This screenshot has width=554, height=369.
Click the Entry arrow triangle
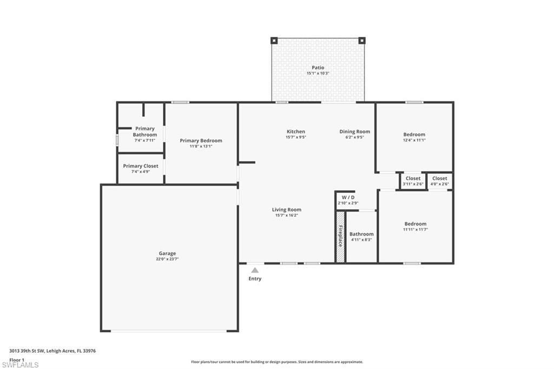255,271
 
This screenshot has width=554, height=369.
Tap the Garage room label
167,253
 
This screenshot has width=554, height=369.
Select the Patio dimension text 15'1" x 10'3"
318,74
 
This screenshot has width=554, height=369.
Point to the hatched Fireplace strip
340,237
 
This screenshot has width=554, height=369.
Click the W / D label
348,197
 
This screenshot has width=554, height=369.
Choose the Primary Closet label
141,166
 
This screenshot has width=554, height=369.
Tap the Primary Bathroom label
145,131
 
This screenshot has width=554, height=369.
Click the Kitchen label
296,131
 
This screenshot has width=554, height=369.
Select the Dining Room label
355,131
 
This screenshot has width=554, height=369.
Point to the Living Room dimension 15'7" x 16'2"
287,215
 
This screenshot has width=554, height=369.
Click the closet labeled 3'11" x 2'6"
413,181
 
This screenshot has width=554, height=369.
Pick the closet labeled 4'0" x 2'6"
439,181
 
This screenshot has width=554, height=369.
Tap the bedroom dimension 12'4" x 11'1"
414,140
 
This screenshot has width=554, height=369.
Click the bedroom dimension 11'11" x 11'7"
415,229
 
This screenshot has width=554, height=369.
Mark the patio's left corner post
274,41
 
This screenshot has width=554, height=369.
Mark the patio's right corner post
362,41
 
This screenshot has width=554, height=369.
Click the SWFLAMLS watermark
20,365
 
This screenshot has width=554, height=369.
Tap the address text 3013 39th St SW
27,351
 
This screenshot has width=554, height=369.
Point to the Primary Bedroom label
201,141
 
